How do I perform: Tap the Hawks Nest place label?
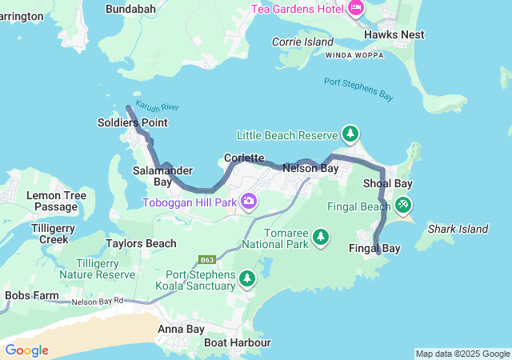click(x=394, y=35)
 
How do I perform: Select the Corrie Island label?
click(x=302, y=42)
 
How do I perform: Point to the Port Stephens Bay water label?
click(x=359, y=88)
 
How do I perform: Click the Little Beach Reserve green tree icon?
click(x=350, y=133)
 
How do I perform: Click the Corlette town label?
click(x=244, y=158)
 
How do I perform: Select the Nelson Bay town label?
click(x=310, y=169)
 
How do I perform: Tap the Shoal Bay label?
click(x=387, y=184)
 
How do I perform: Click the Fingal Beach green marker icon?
click(x=403, y=206)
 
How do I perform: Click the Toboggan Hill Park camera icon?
click(x=250, y=202)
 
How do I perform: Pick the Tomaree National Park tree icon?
click(x=321, y=236)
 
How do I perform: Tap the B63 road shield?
click(x=208, y=260)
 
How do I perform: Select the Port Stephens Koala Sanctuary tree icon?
click(x=247, y=278)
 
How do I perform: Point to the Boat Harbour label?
click(x=237, y=342)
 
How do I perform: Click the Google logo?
click(x=26, y=350)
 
